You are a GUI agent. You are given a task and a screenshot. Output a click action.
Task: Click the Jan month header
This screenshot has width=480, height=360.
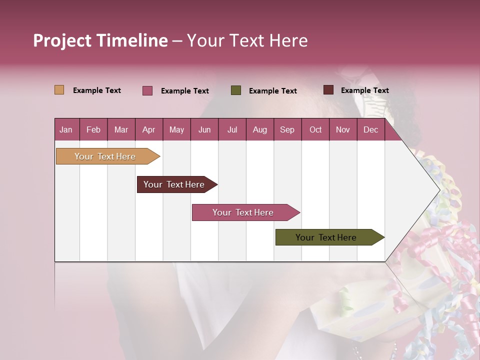tap(66, 129)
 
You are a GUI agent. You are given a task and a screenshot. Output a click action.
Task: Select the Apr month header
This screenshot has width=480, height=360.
tap(149, 129)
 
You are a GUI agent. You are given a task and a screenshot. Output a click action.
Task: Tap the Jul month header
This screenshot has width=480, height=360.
tap(232, 129)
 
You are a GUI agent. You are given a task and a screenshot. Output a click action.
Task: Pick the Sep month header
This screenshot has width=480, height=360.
tap(287, 129)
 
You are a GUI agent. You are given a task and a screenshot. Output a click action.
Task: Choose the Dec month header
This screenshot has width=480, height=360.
tap(370, 129)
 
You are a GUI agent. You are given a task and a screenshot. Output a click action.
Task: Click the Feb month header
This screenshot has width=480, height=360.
tap(93, 129)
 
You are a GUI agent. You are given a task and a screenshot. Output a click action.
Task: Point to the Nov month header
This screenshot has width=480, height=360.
tap(342, 129)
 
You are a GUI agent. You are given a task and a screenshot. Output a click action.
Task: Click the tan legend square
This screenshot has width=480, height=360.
tap(59, 90)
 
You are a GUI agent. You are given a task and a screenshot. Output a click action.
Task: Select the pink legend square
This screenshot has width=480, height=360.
tap(147, 90)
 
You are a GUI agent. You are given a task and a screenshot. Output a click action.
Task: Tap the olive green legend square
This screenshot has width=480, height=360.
tap(236, 90)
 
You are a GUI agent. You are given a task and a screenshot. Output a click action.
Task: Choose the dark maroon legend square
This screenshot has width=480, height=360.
tap(328, 90)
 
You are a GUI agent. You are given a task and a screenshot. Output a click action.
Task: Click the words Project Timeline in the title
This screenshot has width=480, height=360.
tap(100, 40)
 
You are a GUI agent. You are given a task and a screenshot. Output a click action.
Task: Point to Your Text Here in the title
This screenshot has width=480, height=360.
tap(247, 40)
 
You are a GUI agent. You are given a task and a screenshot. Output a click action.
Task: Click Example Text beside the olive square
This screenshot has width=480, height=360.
tap(272, 91)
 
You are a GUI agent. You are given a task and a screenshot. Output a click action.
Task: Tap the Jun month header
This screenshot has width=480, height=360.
tap(204, 129)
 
